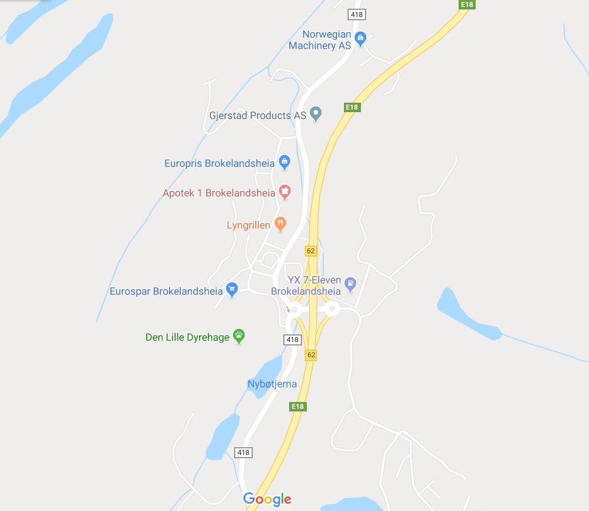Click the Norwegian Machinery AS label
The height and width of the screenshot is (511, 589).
pyautogui.click(x=319, y=40)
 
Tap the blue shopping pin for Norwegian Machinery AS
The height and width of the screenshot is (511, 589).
pyautogui.click(x=360, y=38)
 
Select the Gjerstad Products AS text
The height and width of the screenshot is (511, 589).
pyautogui.click(x=258, y=116)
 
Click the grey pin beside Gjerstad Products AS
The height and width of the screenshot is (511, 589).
pyautogui.click(x=316, y=113)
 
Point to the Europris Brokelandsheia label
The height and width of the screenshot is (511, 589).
pyautogui.click(x=219, y=163)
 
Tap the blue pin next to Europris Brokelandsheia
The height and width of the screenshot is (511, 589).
pyautogui.click(x=284, y=162)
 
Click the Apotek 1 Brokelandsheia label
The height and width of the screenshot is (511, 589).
pyautogui.click(x=219, y=193)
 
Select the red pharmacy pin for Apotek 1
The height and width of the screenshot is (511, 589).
pyautogui.click(x=285, y=191)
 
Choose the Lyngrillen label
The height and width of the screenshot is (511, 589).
pyautogui.click(x=248, y=225)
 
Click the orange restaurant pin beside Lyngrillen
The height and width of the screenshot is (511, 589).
pyautogui.click(x=280, y=223)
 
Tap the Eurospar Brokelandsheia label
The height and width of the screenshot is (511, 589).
pyautogui.click(x=166, y=291)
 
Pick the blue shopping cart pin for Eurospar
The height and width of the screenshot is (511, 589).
pyautogui.click(x=232, y=289)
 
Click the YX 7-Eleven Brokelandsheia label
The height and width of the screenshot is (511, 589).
pyautogui.click(x=306, y=285)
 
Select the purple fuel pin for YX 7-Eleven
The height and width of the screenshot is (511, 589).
pyautogui.click(x=350, y=284)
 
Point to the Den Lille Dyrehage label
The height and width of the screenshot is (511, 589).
pyautogui.click(x=188, y=337)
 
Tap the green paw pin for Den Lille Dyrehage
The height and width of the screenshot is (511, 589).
pyautogui.click(x=239, y=335)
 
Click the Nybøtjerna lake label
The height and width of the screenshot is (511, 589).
pyautogui.click(x=272, y=384)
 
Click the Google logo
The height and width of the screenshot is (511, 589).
pyautogui.click(x=267, y=499)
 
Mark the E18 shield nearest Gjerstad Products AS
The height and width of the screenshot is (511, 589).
pyautogui.click(x=352, y=107)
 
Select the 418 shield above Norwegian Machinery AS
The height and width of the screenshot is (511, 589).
pyautogui.click(x=357, y=14)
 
